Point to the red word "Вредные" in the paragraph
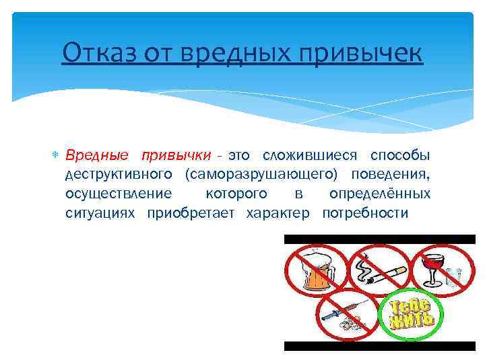click(97, 156)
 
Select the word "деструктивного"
click(119, 175)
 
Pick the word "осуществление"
click(118, 194)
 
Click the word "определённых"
click(380, 194)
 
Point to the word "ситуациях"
click(98, 213)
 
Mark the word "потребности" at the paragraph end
click(365, 213)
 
